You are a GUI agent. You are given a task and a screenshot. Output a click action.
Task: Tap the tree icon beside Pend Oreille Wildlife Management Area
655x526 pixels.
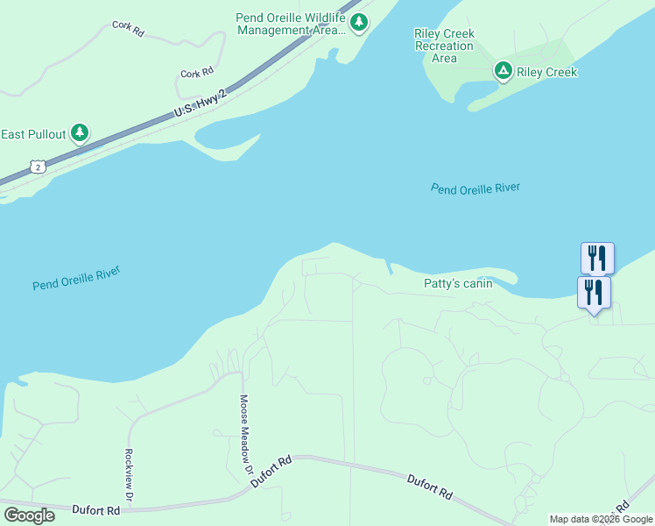pos(358,23)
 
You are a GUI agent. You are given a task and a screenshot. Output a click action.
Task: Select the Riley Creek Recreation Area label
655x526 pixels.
pos(444,46)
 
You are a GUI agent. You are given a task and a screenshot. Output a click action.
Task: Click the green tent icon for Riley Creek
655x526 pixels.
pos(503,71)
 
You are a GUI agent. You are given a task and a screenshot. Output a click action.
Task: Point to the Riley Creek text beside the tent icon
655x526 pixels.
pos(546,72)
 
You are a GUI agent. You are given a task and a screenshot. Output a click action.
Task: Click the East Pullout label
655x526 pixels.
pos(33,134)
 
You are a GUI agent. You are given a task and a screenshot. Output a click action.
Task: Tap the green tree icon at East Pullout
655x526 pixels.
pos(80,133)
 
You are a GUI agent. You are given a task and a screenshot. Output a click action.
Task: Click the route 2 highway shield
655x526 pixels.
pos(36,166)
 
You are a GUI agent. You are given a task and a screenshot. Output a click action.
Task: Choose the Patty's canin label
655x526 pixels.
pos(458,283)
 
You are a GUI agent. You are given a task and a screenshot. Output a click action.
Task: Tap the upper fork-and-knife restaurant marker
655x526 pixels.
pos(597,258)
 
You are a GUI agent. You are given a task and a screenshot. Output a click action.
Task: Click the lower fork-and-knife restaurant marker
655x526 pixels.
pos(594,291)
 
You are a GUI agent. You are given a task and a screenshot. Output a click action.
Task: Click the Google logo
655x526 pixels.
pos(29,515)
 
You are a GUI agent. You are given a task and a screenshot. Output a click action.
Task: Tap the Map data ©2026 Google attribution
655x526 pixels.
pos(601,519)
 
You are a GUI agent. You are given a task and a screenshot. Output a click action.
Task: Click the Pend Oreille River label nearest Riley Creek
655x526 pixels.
pos(475,188)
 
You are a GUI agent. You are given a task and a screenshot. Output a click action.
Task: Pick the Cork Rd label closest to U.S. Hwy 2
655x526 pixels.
pos(197,74)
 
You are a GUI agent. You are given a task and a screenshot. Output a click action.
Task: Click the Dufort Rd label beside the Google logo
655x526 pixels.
pos(96,510)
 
